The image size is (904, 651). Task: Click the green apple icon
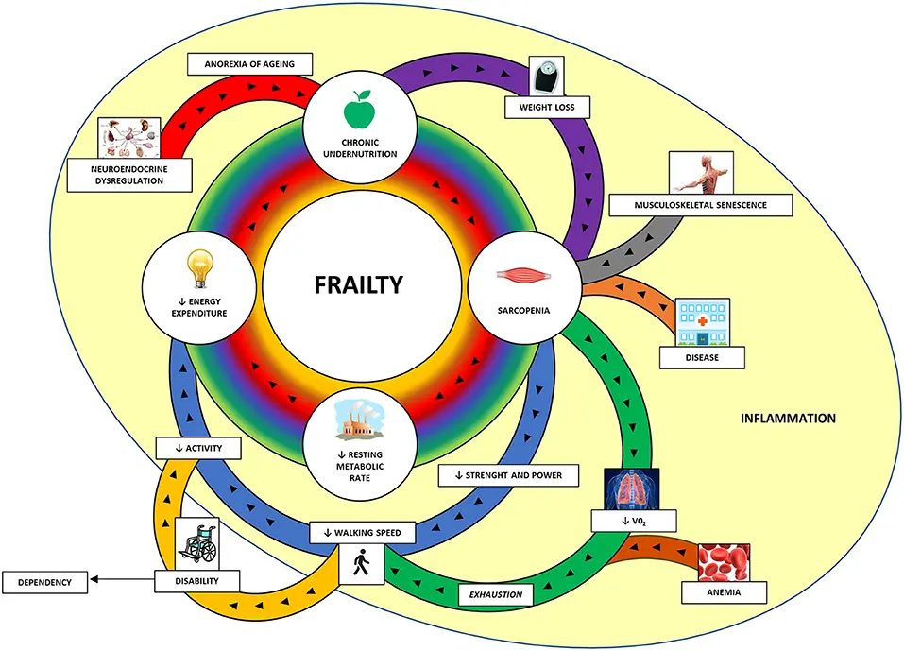click(x=359, y=110)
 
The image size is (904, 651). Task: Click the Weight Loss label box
click(x=547, y=107)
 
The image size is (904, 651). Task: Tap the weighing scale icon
click(x=545, y=76)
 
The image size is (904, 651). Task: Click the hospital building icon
click(x=703, y=324)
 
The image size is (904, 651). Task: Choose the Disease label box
click(x=703, y=357)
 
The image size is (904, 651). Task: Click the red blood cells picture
click(x=724, y=564)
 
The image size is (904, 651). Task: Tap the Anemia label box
click(x=724, y=593)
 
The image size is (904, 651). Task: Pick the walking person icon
click(x=361, y=565)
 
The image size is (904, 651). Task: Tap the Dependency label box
click(x=45, y=582)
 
